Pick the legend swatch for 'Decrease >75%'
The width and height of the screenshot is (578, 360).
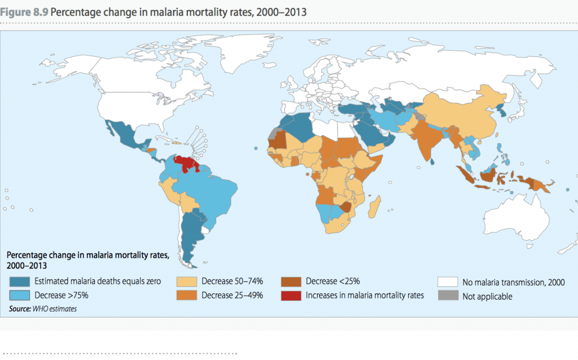19,295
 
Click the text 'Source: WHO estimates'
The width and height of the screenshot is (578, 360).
43,309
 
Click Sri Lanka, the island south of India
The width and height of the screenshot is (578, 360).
432,161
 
